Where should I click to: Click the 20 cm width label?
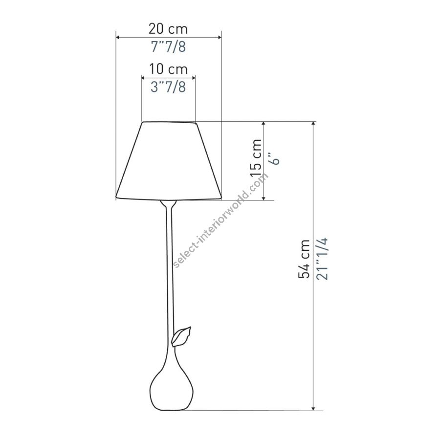(168, 29)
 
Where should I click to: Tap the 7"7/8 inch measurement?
(168, 46)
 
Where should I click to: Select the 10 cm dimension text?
(168, 69)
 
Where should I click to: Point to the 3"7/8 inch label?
(168, 87)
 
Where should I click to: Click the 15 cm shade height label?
(256, 157)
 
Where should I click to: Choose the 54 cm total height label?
(304, 259)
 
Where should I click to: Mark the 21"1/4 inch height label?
(322, 259)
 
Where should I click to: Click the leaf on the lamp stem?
(181, 336)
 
